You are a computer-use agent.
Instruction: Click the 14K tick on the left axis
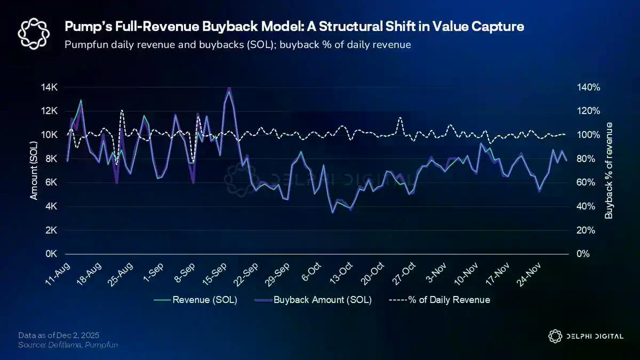50,87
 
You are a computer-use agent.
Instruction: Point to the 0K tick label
51,254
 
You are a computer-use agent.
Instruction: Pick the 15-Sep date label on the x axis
213,275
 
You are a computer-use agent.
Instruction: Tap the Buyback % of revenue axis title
609,171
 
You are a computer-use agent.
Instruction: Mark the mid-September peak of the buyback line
229,88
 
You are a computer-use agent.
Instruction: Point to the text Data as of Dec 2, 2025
59,335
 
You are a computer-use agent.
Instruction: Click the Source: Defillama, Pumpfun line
68,345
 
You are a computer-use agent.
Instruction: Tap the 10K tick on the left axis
50,135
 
